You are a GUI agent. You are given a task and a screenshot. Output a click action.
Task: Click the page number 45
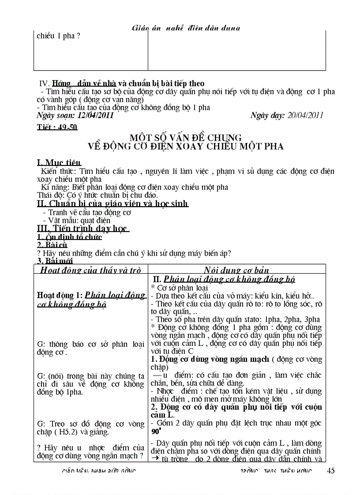pyautogui.click(x=330, y=470)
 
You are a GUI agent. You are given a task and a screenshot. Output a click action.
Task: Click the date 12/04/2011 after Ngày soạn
pyautogui.click(x=95, y=115)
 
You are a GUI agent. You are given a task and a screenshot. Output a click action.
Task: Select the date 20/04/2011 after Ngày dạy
pyautogui.click(x=304, y=115)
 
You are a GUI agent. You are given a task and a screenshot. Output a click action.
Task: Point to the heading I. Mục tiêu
pyautogui.click(x=59, y=162)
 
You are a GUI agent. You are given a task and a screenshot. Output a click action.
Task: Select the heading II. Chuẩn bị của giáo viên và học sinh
pyautogui.click(x=112, y=203)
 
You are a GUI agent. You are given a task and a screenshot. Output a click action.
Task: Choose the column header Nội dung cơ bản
pyautogui.click(x=236, y=270)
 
